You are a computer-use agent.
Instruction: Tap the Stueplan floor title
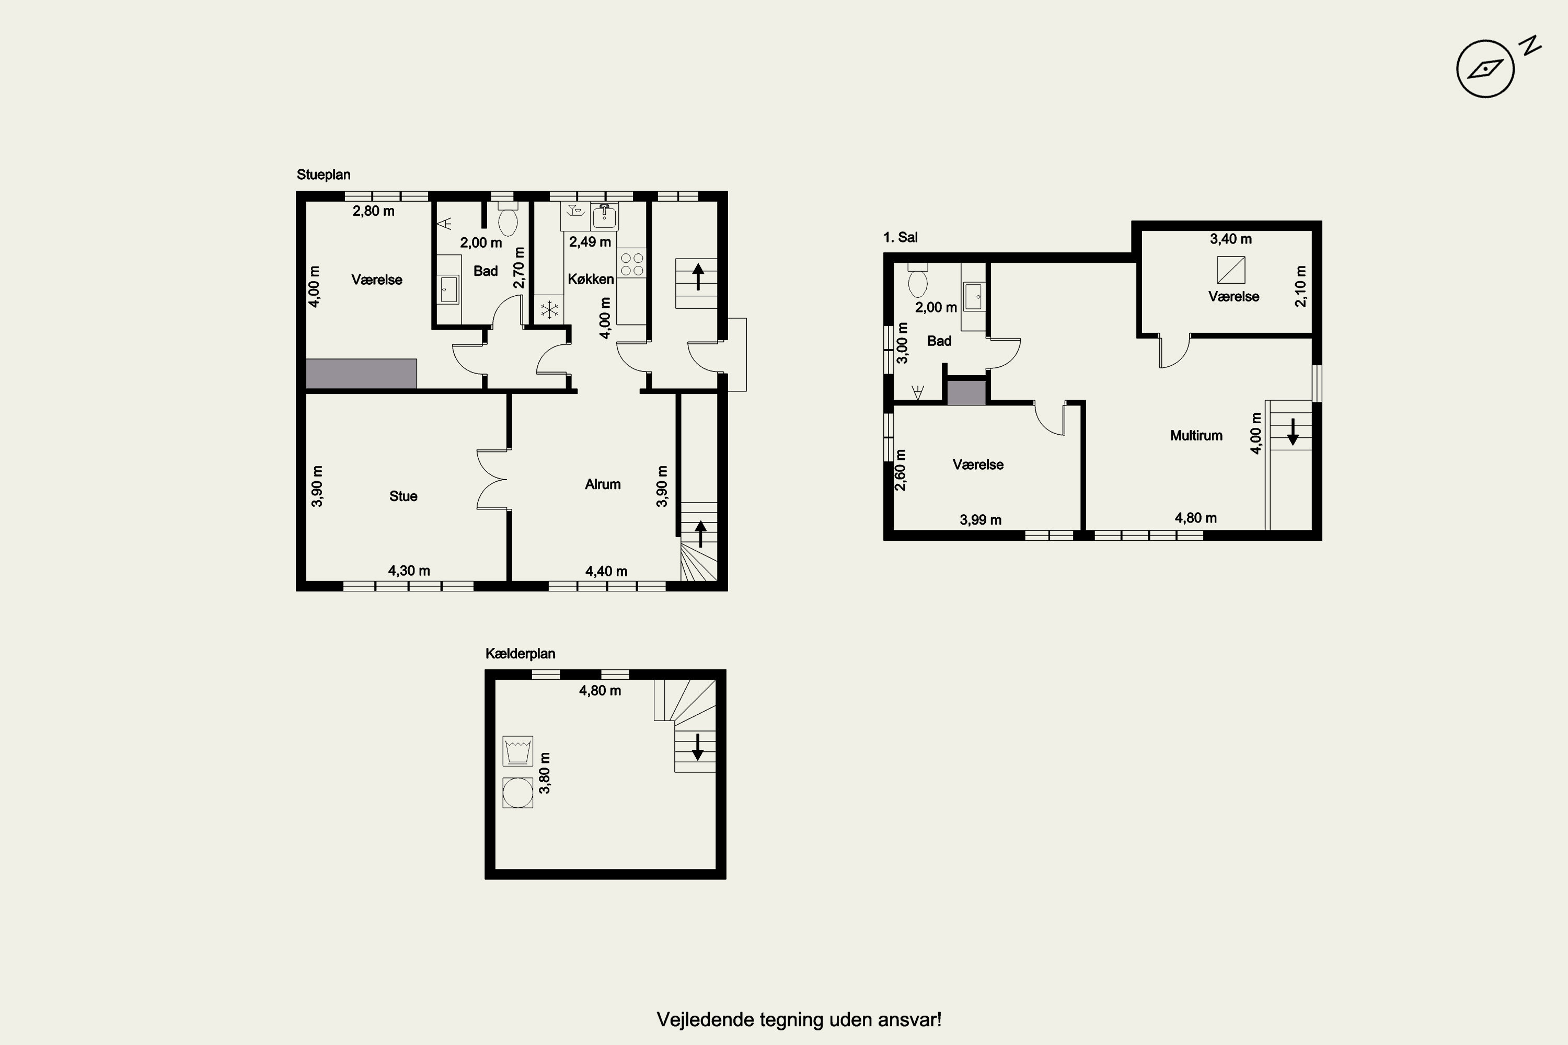(324, 175)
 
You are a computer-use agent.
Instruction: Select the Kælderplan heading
(520, 654)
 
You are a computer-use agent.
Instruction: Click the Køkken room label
(591, 279)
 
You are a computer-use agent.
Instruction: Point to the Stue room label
(403, 496)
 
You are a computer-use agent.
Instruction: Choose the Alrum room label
(603, 484)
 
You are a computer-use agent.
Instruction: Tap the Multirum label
(1196, 436)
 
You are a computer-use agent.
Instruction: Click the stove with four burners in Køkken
(632, 263)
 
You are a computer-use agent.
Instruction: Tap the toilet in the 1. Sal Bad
(918, 281)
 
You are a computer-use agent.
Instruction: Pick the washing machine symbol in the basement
(518, 751)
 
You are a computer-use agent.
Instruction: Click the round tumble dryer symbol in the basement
(518, 793)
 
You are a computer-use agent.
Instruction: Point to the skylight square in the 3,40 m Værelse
(1231, 270)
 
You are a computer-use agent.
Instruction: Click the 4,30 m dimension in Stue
(409, 571)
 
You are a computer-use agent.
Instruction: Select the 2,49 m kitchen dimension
(590, 242)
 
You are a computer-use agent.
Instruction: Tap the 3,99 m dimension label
(981, 520)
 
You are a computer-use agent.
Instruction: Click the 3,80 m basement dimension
(545, 773)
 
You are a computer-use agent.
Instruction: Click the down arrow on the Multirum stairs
(1293, 432)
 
